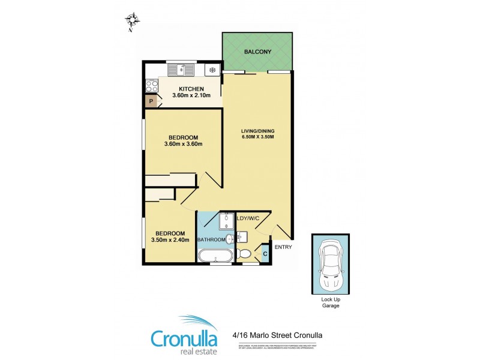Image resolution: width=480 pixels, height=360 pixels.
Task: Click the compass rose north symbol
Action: pyautogui.click(x=133, y=20)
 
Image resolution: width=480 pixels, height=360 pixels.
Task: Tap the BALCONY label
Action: pyautogui.click(x=257, y=52)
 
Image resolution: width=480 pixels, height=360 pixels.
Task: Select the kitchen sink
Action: pyautogui.click(x=181, y=70)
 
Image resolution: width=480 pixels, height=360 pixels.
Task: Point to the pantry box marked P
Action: pyautogui.click(x=151, y=102)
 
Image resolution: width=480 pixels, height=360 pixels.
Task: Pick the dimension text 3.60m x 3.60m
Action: pyautogui.click(x=183, y=143)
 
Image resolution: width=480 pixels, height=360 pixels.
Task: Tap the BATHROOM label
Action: pyautogui.click(x=212, y=240)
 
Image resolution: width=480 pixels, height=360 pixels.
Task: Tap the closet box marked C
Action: pyautogui.click(x=265, y=254)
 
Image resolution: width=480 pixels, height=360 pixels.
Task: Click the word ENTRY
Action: pyautogui.click(x=283, y=247)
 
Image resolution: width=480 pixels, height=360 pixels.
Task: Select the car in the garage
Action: pyautogui.click(x=330, y=264)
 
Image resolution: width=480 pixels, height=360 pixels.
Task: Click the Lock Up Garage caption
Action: pyautogui.click(x=330, y=302)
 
